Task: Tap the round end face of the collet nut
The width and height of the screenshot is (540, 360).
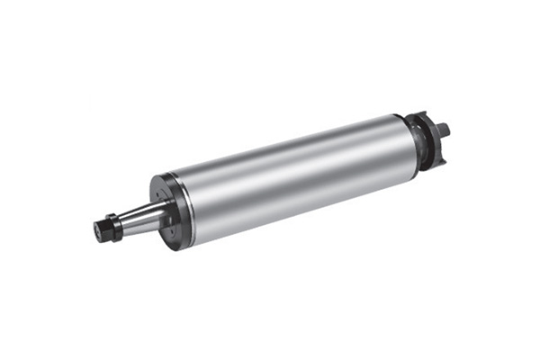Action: [x=98, y=230]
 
